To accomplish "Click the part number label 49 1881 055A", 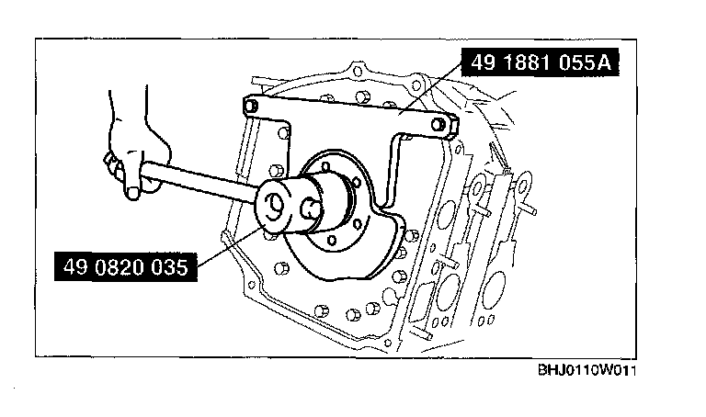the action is pyautogui.click(x=541, y=62).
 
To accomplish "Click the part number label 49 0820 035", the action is pyautogui.click(x=126, y=266).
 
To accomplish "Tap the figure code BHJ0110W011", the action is pyautogui.click(x=587, y=371).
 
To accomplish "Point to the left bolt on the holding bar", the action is pyautogui.click(x=251, y=107).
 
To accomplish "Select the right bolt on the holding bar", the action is pyautogui.click(x=437, y=124).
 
